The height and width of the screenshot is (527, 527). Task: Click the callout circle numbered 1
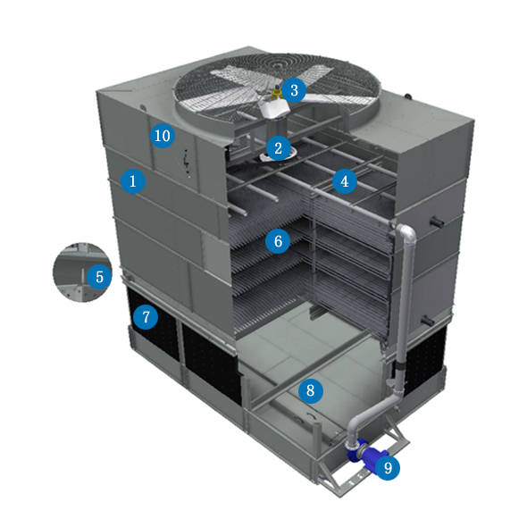pos(133,181)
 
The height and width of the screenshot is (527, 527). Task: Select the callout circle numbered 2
pos(279,148)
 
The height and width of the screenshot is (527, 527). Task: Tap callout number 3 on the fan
pos(294,90)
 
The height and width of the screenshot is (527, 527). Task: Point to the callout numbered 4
pos(345,181)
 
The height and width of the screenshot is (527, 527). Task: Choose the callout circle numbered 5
pos(99,277)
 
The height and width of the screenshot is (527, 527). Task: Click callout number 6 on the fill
pos(278,241)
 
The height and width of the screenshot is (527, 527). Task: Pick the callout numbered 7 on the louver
pos(146,317)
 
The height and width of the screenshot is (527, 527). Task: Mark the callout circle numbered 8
pos(311,390)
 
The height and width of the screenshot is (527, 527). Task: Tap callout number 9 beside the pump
pos(388,467)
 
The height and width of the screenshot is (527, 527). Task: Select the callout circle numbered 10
pos(163,136)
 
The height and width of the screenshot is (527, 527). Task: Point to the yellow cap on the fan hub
pos(277,93)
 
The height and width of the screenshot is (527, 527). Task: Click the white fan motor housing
pos(274,108)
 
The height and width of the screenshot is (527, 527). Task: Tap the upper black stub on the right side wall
pos(437,222)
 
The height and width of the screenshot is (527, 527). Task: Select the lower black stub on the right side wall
pos(427,321)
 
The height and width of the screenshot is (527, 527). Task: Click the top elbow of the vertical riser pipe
pos(406,232)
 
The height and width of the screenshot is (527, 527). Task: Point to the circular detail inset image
pos(82,272)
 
